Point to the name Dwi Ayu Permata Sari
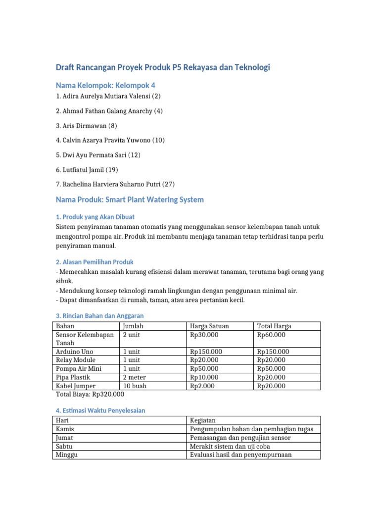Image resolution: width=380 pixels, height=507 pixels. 98,155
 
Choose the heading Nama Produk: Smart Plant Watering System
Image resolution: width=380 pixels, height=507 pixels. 130,200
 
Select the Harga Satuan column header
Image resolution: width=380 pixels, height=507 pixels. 209,326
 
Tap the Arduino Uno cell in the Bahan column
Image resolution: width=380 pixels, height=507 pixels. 75,352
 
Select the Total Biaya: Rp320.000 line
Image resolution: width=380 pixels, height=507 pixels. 90,394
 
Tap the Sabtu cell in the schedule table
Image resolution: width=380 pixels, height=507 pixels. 65,446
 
